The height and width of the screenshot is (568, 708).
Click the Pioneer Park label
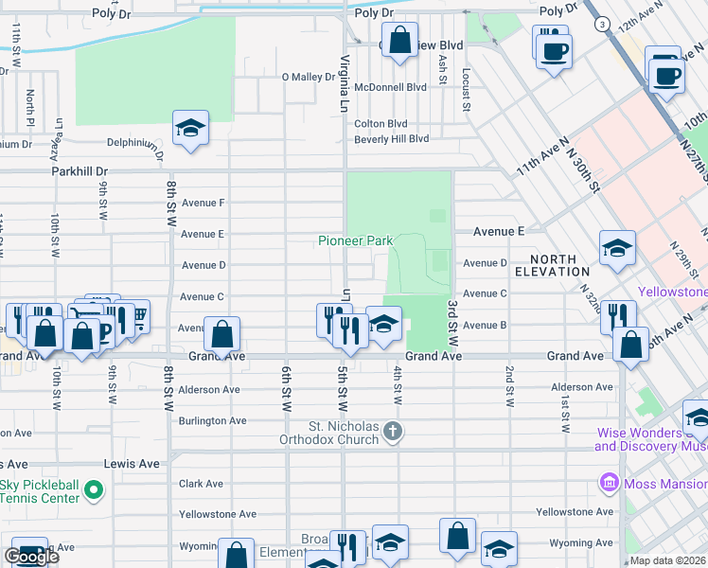(355, 241)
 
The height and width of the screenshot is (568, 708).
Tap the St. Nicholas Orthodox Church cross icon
(395, 434)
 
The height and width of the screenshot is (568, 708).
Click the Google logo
(31, 557)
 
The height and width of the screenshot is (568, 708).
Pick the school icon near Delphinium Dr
(190, 130)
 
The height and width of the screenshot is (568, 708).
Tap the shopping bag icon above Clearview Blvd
(400, 42)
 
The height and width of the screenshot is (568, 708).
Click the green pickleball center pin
(93, 490)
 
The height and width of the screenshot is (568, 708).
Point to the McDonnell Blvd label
(390, 86)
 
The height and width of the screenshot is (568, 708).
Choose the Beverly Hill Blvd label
(391, 139)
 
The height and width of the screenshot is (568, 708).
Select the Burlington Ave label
(212, 420)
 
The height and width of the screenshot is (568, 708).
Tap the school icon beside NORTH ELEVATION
(617, 249)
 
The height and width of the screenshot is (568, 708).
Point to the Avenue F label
(203, 203)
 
